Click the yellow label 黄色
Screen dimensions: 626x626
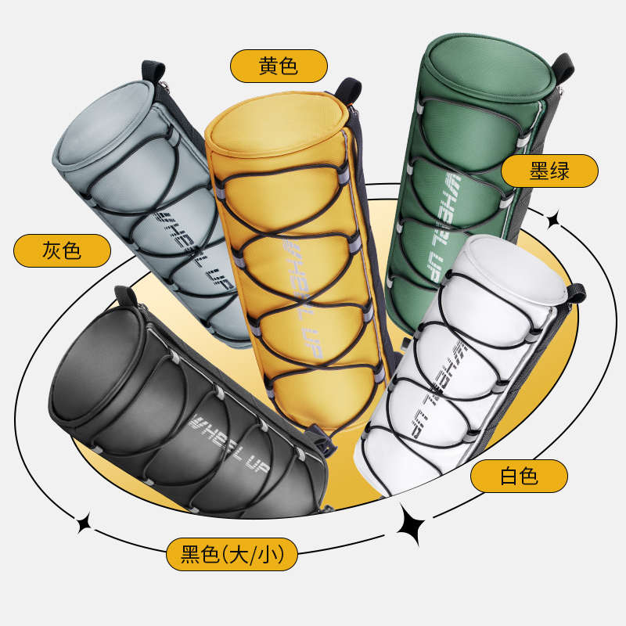pos(278,66)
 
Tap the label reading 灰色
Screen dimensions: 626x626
pos(61,251)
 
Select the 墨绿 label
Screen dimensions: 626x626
pos(549,171)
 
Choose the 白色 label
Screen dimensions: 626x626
pos(518,476)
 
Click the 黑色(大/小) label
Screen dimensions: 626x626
pos(232,554)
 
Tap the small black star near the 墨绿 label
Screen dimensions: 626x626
pos(555,221)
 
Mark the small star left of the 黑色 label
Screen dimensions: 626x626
pos(83,524)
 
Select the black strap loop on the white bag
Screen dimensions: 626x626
pos(577,294)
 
